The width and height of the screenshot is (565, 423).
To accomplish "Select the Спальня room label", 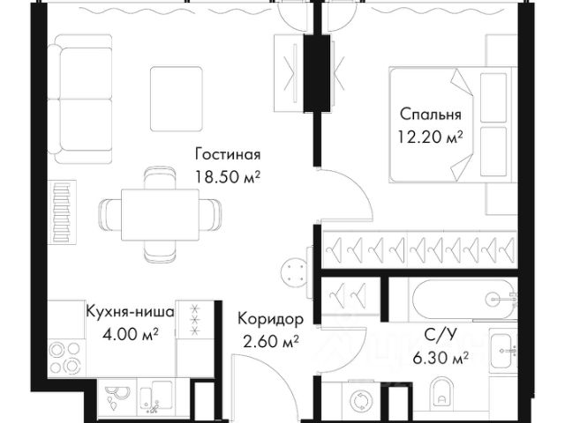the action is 430,115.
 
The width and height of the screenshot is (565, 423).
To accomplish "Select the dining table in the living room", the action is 160,212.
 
